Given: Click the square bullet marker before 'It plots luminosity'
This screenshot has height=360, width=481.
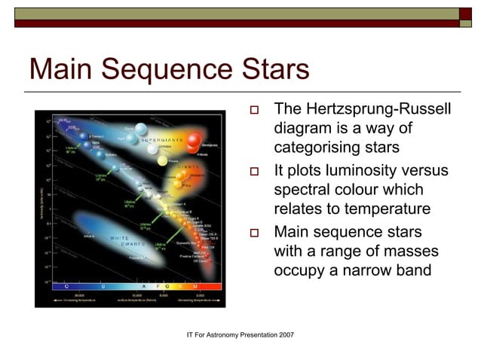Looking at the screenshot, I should pos(254,172).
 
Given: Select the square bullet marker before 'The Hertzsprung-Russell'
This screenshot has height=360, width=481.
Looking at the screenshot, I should pos(254,111).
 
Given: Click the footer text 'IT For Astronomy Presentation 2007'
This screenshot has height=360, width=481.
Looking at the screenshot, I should pos(240,334).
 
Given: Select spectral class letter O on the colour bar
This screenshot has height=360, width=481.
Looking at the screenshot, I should pos(66,287).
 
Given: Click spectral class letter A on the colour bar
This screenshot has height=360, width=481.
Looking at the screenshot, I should pos(145,287).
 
